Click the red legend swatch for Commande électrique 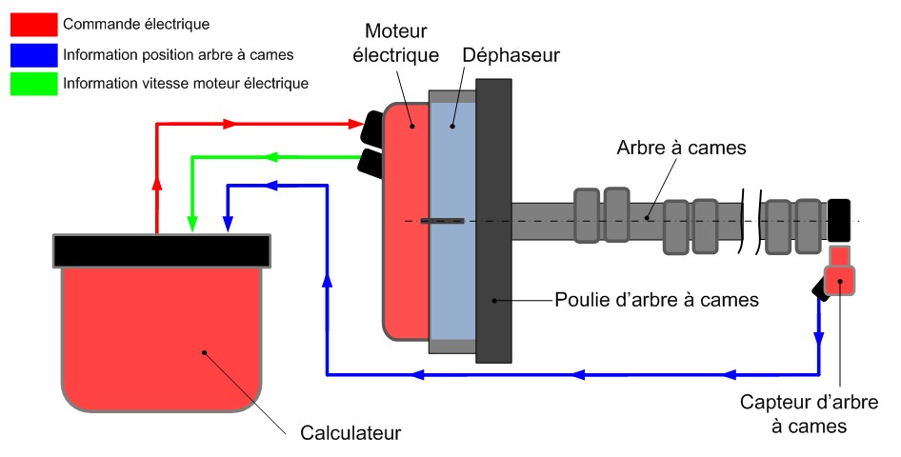click(x=32, y=22)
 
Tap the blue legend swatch click(x=32, y=53)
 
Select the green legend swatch click(x=32, y=84)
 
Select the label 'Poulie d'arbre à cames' click(x=656, y=300)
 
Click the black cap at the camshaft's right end click(x=839, y=219)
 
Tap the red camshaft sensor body click(x=839, y=280)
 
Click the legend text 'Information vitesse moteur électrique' click(x=186, y=84)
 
